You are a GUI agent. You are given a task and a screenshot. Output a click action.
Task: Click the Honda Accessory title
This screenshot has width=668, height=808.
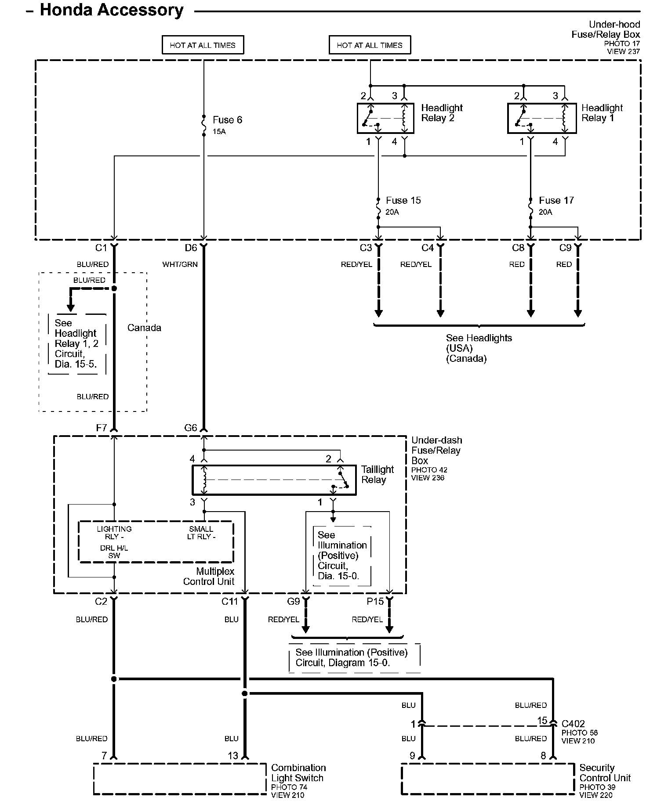tap(111, 10)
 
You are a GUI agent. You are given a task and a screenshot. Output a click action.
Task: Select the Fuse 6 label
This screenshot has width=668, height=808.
tap(227, 120)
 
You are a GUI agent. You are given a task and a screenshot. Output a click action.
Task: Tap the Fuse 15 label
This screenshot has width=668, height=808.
tap(403, 200)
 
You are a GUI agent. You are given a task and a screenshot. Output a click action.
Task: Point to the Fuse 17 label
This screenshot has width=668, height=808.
tap(556, 200)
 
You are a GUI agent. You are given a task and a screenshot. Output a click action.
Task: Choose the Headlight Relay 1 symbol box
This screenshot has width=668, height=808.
tap(542, 118)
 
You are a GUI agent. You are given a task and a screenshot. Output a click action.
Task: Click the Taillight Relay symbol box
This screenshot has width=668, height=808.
tap(274, 480)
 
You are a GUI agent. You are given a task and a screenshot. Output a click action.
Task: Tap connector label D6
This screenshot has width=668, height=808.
tap(191, 248)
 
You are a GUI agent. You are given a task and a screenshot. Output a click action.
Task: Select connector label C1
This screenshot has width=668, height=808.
tap(101, 248)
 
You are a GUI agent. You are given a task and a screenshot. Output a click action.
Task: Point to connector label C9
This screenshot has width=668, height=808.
tap(565, 248)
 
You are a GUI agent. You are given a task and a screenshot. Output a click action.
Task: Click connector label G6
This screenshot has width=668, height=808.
tap(191, 428)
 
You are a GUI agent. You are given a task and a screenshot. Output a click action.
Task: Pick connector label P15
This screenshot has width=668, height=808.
tap(375, 601)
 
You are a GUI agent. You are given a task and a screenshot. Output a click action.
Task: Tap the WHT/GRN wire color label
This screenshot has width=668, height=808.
tap(180, 264)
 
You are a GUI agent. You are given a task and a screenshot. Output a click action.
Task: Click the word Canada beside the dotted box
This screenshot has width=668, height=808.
tap(144, 328)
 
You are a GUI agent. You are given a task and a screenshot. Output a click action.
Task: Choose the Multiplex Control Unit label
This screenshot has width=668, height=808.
tap(209, 577)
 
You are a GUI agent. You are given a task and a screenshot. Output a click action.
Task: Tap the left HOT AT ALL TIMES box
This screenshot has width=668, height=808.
tap(203, 45)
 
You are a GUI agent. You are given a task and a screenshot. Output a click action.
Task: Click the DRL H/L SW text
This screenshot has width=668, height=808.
tap(114, 552)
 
